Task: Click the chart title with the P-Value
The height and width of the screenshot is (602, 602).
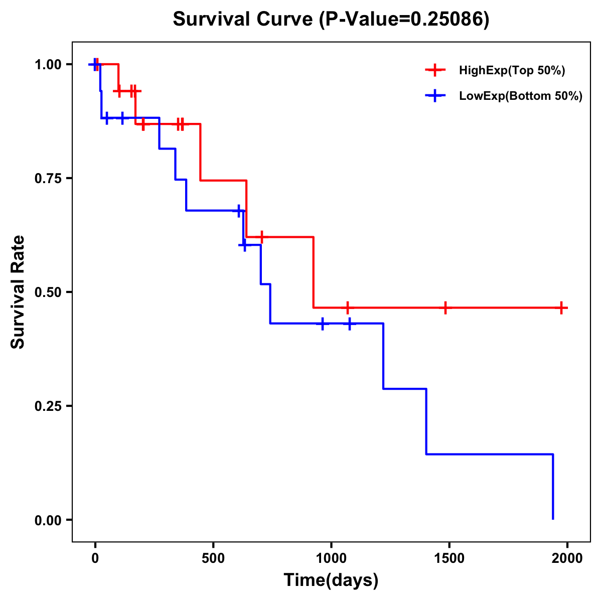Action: tap(331, 19)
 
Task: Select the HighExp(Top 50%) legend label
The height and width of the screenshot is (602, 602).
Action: tap(512, 71)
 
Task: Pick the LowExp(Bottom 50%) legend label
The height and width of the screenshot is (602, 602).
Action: tap(520, 96)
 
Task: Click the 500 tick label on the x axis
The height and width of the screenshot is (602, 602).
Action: tap(213, 558)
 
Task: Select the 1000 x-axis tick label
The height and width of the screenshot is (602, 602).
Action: tap(331, 558)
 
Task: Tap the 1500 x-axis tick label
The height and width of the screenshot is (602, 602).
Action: tap(449, 558)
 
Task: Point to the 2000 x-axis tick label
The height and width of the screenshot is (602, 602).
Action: tap(567, 558)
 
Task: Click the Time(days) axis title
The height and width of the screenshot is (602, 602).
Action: tap(331, 580)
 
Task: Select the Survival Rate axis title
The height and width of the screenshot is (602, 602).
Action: tap(18, 292)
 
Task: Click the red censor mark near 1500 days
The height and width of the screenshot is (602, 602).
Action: tap(445, 308)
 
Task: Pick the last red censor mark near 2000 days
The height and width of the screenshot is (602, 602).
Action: tap(562, 308)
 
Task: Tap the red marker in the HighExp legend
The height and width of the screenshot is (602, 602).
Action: tap(435, 71)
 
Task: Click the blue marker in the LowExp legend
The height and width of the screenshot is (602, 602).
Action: tap(435, 96)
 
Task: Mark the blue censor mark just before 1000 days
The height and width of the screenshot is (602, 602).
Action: tap(323, 324)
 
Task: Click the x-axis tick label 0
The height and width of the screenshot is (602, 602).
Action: tap(95, 558)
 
